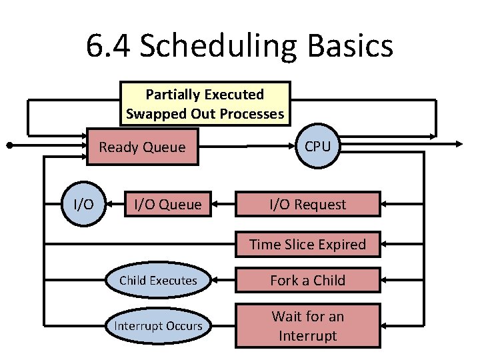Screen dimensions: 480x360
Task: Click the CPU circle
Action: point(317,146)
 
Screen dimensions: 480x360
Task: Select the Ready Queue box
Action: point(142,147)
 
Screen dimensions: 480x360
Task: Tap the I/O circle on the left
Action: point(83,204)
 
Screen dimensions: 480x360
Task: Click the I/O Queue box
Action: point(167,204)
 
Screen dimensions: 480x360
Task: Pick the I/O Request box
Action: point(307,204)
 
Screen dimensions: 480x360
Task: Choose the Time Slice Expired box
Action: point(307,244)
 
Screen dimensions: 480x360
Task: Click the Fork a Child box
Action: point(307,280)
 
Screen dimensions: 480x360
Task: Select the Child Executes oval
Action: point(158,280)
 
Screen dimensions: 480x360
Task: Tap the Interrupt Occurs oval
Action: point(158,325)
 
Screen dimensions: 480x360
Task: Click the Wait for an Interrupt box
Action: point(307,325)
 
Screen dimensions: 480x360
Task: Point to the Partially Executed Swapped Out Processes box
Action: point(205,103)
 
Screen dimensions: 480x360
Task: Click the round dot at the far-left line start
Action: point(9,144)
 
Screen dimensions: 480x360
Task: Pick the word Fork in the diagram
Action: point(285,280)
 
